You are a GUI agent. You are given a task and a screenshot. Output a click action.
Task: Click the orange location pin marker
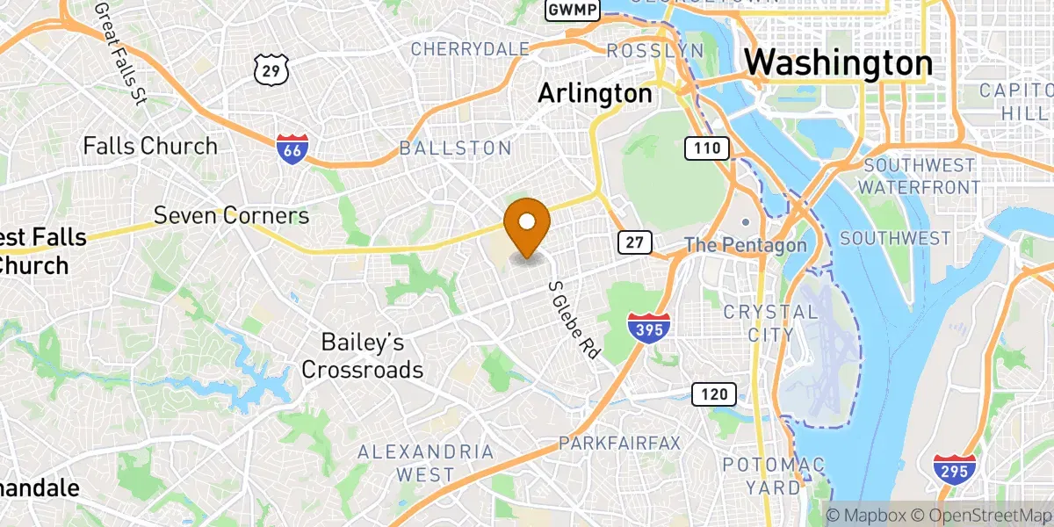click(527, 224)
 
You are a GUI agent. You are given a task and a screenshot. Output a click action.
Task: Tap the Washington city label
click(838, 64)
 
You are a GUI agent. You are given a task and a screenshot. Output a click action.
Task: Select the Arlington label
click(596, 93)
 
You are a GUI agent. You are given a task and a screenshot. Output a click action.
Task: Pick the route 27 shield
click(633, 242)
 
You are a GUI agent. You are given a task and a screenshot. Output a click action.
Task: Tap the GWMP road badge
click(573, 10)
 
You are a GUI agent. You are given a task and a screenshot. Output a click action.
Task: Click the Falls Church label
click(150, 146)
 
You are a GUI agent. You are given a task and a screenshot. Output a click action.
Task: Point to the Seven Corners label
click(232, 215)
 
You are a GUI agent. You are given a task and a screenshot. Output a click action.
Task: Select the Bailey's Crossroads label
click(362, 356)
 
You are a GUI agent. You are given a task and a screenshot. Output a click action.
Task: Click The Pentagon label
click(745, 245)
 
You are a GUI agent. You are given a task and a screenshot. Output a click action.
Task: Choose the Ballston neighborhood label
click(455, 148)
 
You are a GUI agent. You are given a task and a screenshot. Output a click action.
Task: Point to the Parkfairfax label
click(624, 443)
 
